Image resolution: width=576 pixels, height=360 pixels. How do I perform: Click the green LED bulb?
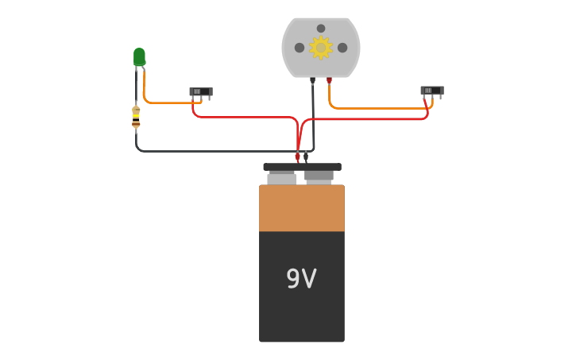click(139, 56)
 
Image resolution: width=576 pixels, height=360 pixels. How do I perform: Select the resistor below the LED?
click(136, 116)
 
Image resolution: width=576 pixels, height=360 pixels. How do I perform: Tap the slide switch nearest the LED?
click(201, 92)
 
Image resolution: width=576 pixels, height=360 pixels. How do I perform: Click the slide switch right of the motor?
click(431, 91)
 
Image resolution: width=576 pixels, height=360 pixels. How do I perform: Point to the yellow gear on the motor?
click(320, 48)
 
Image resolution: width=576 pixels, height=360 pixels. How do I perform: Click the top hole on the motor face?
click(321, 29)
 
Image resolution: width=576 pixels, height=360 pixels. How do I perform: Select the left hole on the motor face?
click(300, 48)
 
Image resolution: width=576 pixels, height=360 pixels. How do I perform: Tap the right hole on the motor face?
click(342, 48)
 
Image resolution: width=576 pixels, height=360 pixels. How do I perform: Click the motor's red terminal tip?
click(329, 80)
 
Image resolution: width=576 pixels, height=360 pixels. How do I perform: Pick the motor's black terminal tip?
click(312, 80)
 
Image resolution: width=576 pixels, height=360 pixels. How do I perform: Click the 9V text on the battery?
click(301, 279)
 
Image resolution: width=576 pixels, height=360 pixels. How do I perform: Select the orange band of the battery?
click(302, 208)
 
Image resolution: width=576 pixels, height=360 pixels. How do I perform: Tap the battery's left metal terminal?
click(282, 178)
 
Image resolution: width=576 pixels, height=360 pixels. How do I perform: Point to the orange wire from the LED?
click(167, 103)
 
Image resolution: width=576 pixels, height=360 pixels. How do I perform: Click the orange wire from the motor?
click(373, 108)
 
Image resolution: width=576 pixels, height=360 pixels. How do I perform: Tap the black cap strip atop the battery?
click(302, 167)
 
